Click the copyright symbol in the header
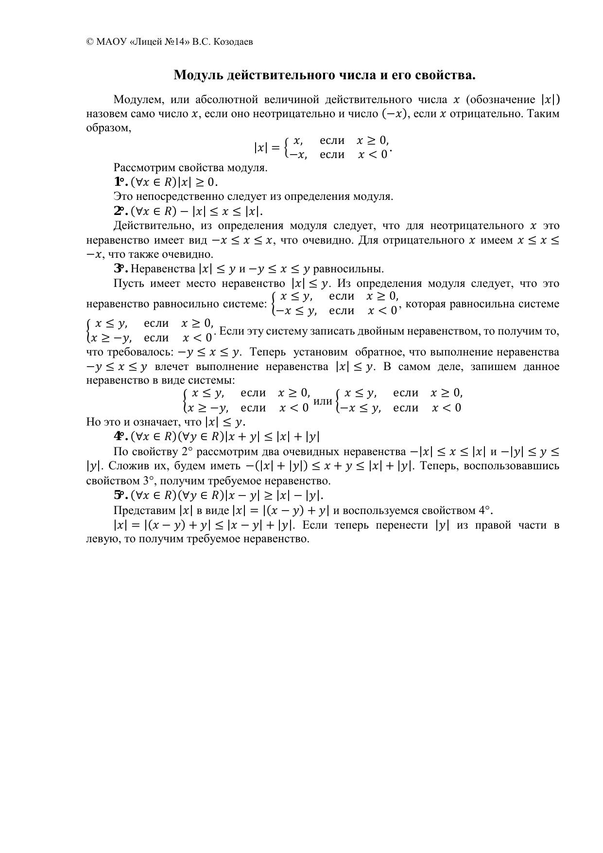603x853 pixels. (90, 42)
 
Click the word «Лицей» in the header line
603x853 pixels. (144, 42)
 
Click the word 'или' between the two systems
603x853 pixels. (323, 401)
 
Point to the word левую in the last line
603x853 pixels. (100, 539)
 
